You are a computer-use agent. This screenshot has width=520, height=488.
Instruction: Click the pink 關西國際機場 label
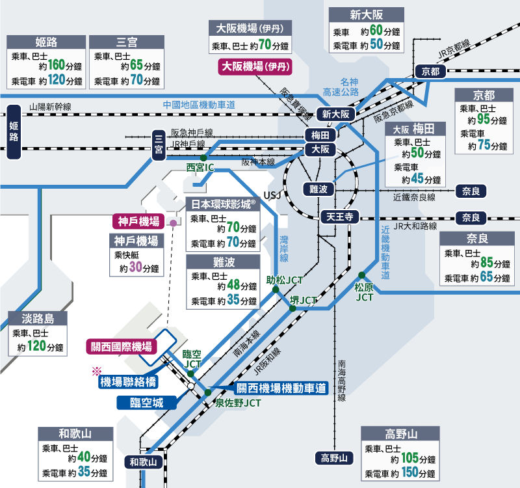[120, 346]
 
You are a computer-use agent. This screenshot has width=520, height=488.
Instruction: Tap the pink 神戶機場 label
[138, 221]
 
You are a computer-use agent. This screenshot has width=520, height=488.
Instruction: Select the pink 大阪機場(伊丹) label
[255, 66]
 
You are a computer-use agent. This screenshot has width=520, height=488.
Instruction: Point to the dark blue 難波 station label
[318, 188]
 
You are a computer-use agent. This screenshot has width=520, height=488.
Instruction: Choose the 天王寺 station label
[339, 217]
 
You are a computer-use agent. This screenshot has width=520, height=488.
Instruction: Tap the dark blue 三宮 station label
[157, 144]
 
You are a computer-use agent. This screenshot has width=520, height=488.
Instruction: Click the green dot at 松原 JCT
[361, 274]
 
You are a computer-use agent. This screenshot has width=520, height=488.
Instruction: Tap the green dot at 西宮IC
[203, 157]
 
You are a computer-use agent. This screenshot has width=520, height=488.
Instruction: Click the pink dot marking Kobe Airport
[173, 223]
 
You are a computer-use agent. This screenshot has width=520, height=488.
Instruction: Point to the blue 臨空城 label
[148, 402]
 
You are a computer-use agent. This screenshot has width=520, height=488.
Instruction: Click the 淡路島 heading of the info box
[37, 319]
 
